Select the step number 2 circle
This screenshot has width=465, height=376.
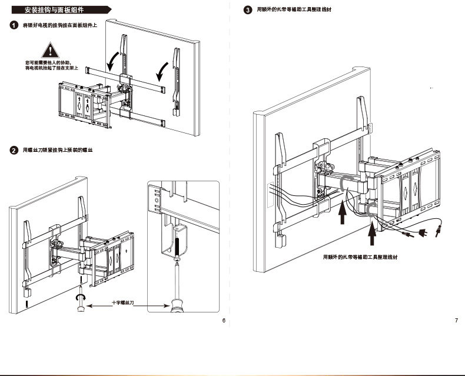[14, 151]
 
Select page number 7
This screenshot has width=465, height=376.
[456, 321]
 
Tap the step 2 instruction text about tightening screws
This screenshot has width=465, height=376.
[58, 151]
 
